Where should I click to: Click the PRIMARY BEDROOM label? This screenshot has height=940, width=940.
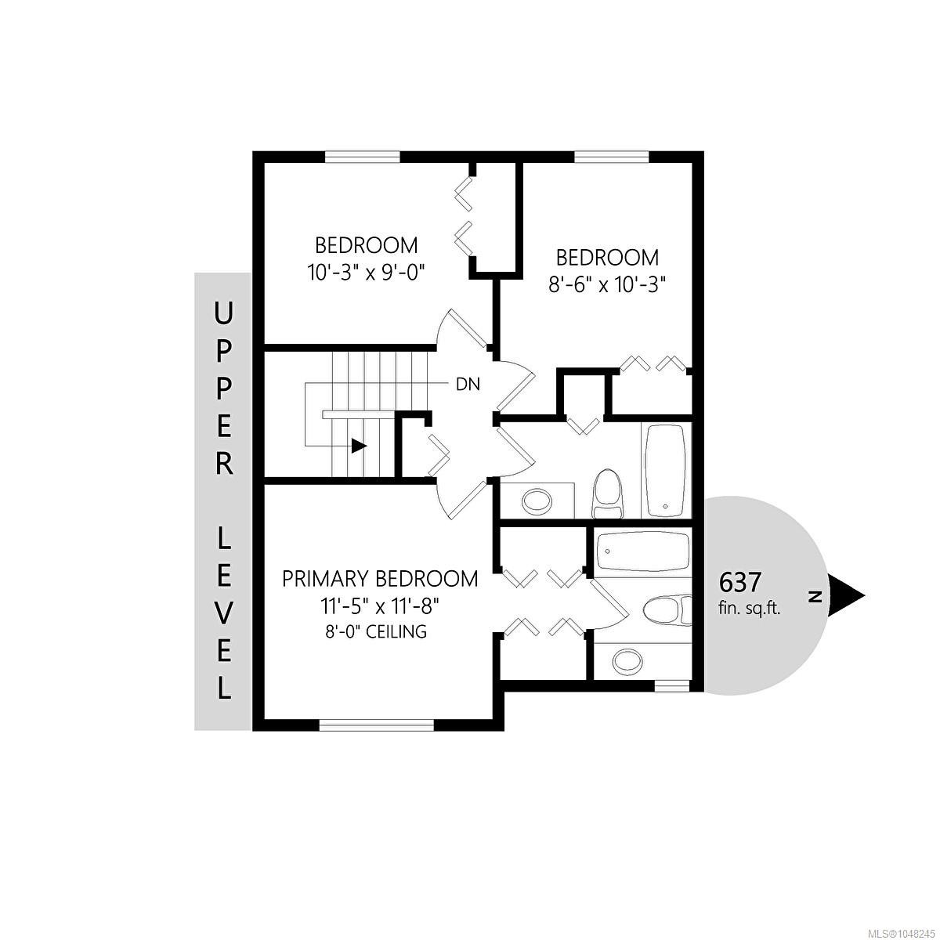tap(380, 579)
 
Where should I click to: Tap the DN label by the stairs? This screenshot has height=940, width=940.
tap(468, 385)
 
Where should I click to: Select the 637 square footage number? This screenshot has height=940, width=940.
tap(740, 582)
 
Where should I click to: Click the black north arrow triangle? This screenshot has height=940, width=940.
tap(845, 595)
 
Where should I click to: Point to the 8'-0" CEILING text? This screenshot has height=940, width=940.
tap(376, 631)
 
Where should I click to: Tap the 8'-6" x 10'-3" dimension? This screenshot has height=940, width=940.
tap(607, 284)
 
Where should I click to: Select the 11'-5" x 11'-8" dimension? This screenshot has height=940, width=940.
tap(380, 606)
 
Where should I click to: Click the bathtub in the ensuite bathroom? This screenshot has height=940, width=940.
tap(642, 551)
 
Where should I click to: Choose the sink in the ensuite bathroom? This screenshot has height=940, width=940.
tap(627, 661)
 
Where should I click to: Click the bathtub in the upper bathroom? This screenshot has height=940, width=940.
tap(667, 471)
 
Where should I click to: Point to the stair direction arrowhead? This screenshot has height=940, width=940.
tap(359, 446)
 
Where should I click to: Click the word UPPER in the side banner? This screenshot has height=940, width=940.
tap(224, 389)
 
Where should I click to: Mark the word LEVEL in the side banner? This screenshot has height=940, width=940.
tap(224, 613)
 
